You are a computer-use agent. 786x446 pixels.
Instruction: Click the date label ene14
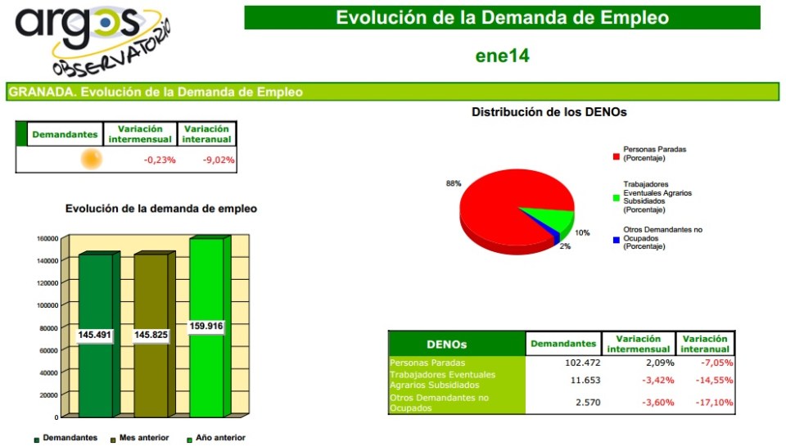[x=502, y=56]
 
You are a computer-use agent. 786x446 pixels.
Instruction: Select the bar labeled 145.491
[x=95, y=335]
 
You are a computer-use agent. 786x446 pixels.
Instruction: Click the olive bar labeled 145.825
[x=151, y=335]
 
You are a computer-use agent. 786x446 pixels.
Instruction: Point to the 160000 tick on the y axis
[x=47, y=239]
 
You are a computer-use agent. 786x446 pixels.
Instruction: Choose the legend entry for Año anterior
[x=215, y=438]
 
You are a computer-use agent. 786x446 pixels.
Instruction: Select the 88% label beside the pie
[x=454, y=183]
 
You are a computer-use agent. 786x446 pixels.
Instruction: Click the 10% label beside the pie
[x=582, y=233]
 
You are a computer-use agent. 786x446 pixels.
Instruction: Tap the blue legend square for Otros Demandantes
[x=616, y=240]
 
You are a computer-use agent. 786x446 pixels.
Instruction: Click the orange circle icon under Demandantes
[x=91, y=160]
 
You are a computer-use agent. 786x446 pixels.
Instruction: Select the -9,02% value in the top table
[x=219, y=160]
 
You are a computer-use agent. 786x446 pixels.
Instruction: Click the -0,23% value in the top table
[x=160, y=160]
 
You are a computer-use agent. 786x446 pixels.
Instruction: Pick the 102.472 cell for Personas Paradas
[x=583, y=363]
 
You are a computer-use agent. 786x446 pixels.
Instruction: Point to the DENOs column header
[x=447, y=345]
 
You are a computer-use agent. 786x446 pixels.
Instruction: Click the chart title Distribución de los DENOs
[x=549, y=112]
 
